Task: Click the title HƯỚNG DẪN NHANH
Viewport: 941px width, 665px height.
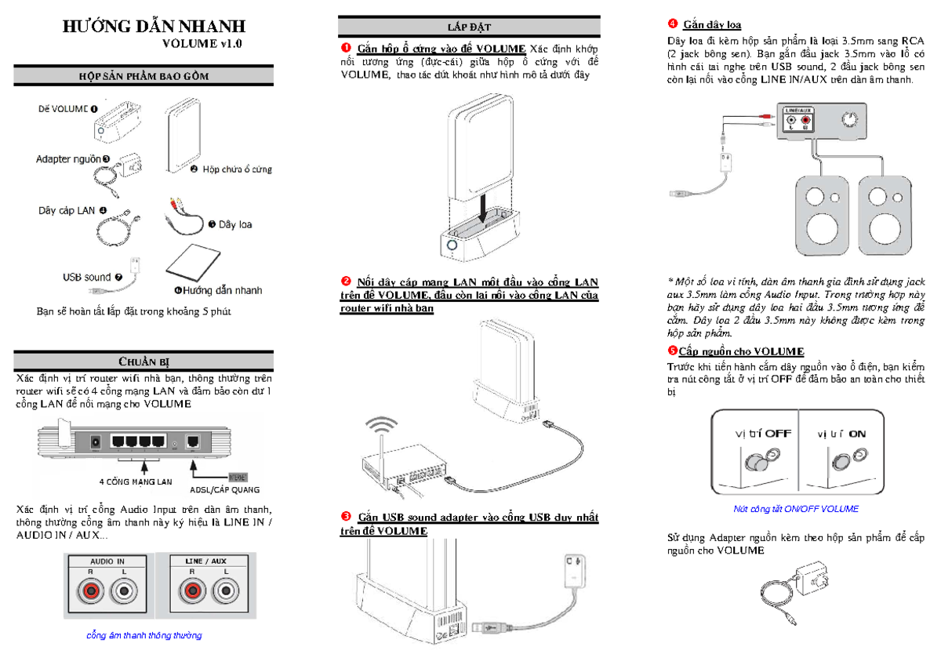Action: (x=154, y=27)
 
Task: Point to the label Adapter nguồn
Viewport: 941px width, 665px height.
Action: (x=68, y=159)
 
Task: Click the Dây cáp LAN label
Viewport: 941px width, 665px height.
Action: (x=67, y=210)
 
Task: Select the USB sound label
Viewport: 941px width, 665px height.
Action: (x=87, y=277)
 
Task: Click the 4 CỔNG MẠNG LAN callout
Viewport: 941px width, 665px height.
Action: (x=135, y=481)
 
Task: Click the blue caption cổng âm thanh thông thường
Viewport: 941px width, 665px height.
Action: (x=144, y=635)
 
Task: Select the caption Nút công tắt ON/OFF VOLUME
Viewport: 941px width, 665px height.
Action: (x=796, y=509)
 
